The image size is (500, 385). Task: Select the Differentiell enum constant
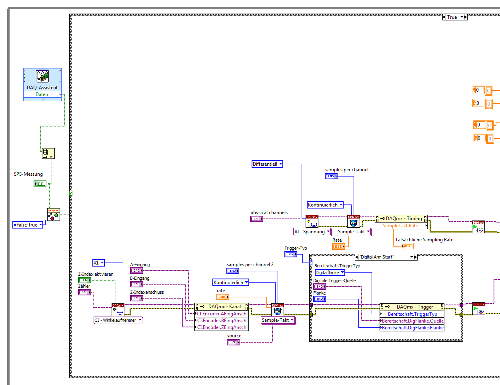[x=267, y=164]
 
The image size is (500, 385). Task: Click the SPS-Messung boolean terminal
[x=40, y=184]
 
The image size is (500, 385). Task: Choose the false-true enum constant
[x=28, y=225]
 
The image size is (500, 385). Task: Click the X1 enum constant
[x=98, y=263]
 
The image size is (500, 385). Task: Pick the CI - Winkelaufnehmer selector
[x=118, y=320]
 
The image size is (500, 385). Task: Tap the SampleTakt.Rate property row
[x=400, y=226]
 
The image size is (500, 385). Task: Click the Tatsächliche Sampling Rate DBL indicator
[x=407, y=246]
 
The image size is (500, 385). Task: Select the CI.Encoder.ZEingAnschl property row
[x=222, y=327]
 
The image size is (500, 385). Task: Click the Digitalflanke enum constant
[x=330, y=273]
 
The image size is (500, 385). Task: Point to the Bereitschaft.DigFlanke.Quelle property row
[x=412, y=321]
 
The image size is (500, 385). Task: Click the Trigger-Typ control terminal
[x=291, y=254]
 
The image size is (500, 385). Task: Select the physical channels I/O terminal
[x=256, y=219]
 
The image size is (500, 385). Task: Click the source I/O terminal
[x=233, y=342]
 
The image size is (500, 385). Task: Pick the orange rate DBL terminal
[x=223, y=297]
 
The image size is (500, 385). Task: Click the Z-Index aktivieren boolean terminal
[x=84, y=280]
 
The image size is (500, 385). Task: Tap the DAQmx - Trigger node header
[x=412, y=307]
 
